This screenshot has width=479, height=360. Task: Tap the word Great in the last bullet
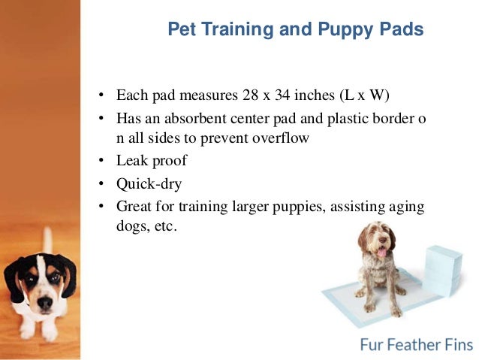pos(134,205)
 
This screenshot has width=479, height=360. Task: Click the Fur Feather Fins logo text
pos(416,345)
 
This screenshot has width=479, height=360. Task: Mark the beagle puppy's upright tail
pos(47,241)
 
